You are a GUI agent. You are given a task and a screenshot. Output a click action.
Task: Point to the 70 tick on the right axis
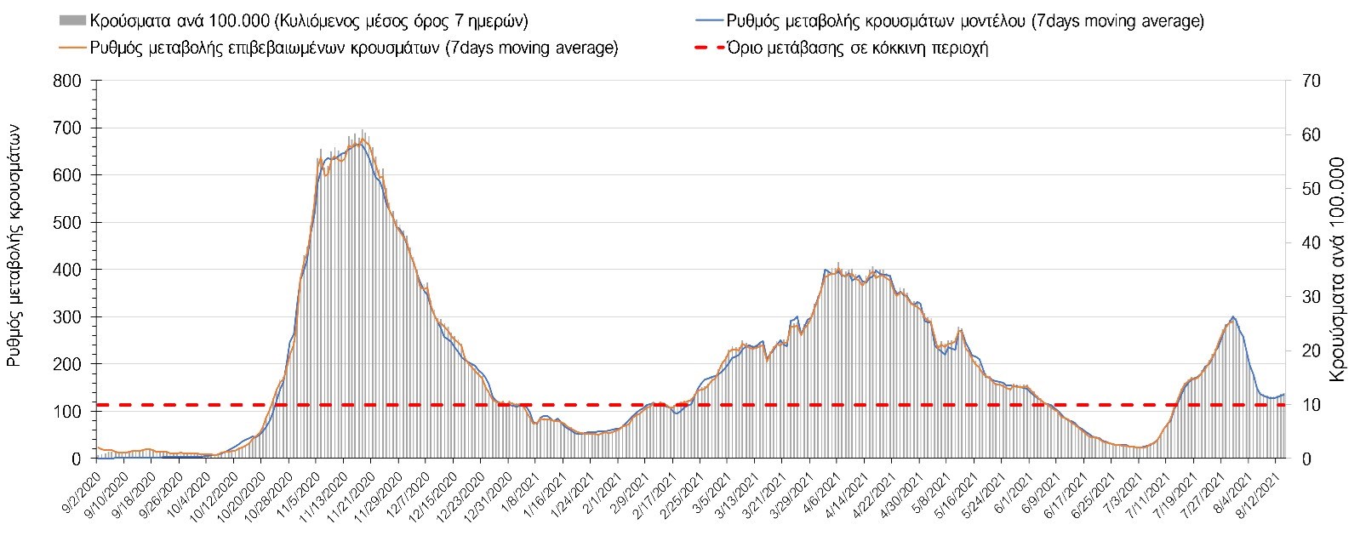(x=1306, y=82)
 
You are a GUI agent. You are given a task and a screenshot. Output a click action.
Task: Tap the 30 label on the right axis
(x=1306, y=297)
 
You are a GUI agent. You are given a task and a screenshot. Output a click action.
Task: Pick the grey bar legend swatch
(x=71, y=20)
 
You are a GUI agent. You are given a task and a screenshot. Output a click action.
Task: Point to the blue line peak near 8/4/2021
(x=1233, y=317)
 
